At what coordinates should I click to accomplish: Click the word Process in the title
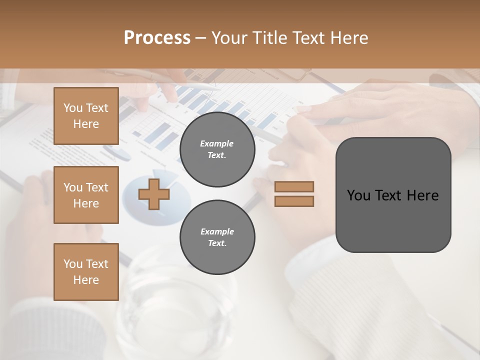(157, 38)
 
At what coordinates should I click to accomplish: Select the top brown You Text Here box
(86, 116)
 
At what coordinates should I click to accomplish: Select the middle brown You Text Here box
(86, 195)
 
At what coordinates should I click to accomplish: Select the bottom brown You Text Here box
(86, 271)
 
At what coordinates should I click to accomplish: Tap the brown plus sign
(154, 194)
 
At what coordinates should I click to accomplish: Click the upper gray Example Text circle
(217, 149)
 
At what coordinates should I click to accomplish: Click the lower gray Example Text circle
(217, 237)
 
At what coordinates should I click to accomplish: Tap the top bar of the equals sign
(294, 187)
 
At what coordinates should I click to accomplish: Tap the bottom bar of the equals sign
(294, 201)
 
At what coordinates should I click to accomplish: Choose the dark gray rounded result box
(393, 220)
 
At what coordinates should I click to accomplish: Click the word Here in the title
(348, 38)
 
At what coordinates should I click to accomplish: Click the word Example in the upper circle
(217, 143)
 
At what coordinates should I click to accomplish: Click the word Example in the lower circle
(217, 231)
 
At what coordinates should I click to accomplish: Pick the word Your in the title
(228, 38)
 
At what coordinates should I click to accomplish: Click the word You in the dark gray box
(359, 195)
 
